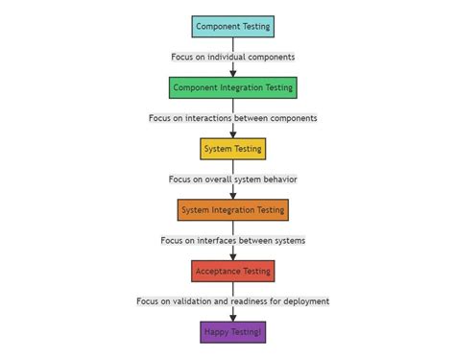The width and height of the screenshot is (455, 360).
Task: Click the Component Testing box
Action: click(232, 27)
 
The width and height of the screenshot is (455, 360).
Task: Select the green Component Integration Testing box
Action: click(232, 87)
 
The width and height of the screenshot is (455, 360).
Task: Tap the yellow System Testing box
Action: click(232, 149)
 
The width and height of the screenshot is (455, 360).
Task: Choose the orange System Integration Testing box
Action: click(232, 209)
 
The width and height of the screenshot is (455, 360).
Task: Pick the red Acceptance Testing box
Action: click(232, 271)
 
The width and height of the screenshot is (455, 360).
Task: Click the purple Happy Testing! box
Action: click(232, 332)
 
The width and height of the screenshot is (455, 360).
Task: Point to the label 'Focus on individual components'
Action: click(232, 57)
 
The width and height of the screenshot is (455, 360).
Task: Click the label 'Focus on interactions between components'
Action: click(232, 118)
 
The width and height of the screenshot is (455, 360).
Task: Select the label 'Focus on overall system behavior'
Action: click(232, 179)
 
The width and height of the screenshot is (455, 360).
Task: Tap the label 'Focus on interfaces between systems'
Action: click(232, 240)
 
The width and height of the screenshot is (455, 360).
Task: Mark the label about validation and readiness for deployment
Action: click(232, 301)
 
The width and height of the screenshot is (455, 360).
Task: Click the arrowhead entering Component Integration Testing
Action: click(232, 72)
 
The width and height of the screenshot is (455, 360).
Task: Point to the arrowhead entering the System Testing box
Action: click(232, 133)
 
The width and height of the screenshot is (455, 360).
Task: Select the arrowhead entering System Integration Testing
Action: click(232, 194)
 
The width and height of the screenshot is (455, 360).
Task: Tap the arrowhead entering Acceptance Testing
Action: click(232, 255)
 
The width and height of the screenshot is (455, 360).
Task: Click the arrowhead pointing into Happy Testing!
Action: click(232, 317)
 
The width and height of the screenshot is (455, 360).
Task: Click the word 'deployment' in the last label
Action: click(303, 301)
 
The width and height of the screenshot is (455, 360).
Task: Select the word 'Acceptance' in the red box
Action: click(216, 271)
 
